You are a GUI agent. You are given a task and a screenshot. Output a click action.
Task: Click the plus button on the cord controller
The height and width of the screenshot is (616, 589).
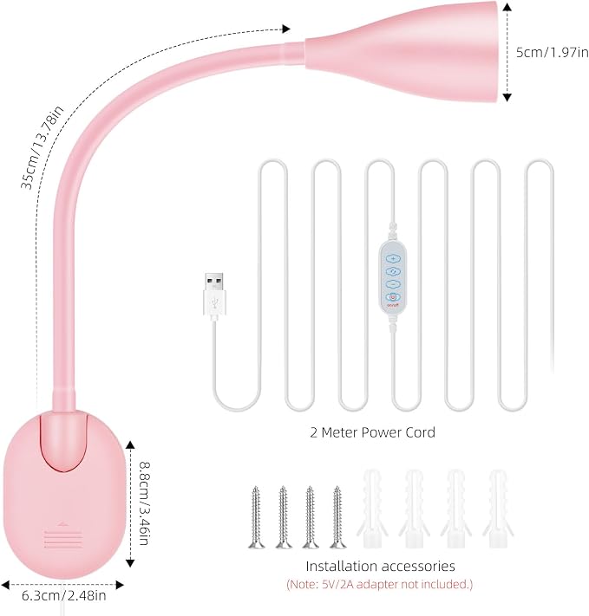(x=393, y=259)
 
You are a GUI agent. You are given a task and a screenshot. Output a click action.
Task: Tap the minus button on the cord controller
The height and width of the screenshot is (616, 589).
(x=393, y=284)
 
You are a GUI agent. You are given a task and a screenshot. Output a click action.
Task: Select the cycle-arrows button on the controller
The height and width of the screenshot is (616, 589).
(x=393, y=271)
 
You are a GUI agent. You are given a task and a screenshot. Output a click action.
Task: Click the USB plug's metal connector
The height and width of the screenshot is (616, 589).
(x=214, y=282)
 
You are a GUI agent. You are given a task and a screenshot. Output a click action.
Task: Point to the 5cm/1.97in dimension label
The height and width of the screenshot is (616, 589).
(x=552, y=52)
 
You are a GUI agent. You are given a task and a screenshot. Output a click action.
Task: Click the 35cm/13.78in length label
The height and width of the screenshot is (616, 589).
(x=42, y=147)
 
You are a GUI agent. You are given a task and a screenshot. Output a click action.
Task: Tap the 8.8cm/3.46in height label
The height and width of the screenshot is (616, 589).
(x=144, y=503)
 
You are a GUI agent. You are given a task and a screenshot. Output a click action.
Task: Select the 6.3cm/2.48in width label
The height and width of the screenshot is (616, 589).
(x=63, y=595)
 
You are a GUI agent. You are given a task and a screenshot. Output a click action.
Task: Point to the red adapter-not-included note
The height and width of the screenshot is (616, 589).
(x=380, y=585)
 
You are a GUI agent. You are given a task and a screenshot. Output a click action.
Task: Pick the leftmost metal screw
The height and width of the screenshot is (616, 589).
(x=256, y=517)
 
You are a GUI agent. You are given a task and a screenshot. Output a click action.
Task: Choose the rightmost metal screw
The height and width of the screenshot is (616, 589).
(x=337, y=517)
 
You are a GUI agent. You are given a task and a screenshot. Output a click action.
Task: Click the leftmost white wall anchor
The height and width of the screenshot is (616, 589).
(x=372, y=509)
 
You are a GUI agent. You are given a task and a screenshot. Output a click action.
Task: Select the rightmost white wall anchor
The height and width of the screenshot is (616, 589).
(x=498, y=509)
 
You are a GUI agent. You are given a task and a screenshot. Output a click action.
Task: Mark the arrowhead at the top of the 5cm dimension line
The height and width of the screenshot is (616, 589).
(x=507, y=7)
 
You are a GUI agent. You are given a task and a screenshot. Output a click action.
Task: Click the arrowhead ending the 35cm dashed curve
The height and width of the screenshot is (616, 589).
(x=286, y=29)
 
